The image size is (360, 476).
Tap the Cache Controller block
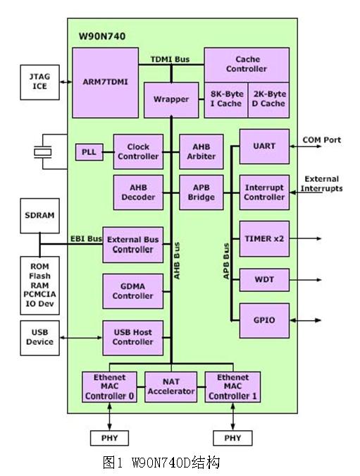(246, 64)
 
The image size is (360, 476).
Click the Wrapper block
(170, 99)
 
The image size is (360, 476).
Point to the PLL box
(88, 152)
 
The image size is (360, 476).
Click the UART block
(264, 147)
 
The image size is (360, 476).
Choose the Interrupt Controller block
(264, 193)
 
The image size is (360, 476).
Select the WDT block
(264, 280)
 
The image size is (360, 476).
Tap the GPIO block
(264, 320)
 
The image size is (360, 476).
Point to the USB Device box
(39, 337)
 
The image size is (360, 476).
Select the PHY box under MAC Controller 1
(232, 439)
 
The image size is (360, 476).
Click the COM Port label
(321, 140)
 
